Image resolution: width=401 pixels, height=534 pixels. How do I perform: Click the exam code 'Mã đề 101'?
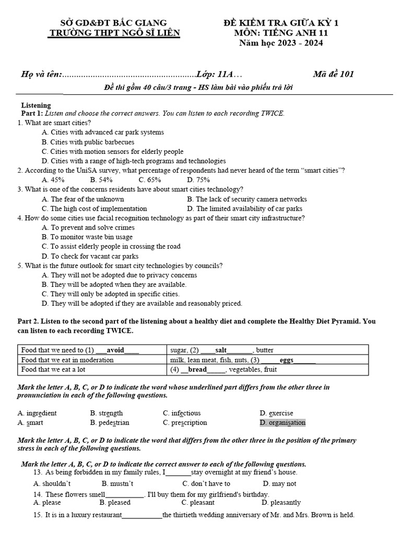[333, 74]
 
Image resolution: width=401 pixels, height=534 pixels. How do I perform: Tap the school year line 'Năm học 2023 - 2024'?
[281, 43]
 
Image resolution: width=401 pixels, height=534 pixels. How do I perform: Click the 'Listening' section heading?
[36, 105]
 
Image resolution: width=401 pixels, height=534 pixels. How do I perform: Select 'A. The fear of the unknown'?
[83, 199]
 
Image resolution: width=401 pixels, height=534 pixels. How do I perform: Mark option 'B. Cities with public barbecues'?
[88, 142]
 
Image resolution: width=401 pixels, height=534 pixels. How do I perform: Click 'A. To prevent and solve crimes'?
[88, 227]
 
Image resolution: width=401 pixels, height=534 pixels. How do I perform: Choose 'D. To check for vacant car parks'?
[90, 256]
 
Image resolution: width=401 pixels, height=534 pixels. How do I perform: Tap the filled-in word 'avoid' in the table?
[115, 350]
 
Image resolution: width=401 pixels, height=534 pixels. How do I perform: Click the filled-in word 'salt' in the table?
[221, 350]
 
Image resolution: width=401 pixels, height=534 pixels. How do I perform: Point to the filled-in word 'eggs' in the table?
[287, 360]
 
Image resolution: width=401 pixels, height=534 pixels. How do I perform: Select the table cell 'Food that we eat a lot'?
[53, 369]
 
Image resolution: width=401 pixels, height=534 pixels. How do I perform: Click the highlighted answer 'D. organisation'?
[282, 422]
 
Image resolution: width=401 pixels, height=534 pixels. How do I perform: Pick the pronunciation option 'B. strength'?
[107, 413]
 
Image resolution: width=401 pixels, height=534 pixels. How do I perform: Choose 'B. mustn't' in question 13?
[116, 483]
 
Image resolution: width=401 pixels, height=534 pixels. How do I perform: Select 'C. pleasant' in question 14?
[198, 503]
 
